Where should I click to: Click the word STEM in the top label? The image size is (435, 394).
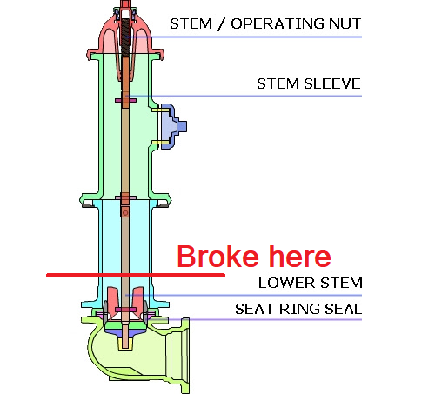pos(191,23)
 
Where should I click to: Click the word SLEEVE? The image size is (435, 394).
pos(331,83)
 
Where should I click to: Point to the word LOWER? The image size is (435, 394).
pos(287,283)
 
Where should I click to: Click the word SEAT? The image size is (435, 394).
pos(255,309)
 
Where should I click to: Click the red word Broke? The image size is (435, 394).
pos(217,257)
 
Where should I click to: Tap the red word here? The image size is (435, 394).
pos(299,257)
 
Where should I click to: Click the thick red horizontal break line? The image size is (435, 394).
pos(136,275)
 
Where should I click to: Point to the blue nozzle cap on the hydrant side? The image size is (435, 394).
pos(173,126)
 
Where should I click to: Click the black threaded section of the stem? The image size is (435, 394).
pos(125,37)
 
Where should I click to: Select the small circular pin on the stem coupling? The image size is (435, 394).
pos(125,213)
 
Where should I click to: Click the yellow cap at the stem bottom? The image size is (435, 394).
pos(125,344)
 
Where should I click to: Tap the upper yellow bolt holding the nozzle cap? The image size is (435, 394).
pos(160,110)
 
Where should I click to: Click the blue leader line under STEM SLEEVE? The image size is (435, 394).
pos(244,96)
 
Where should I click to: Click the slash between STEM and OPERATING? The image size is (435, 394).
pos(221,23)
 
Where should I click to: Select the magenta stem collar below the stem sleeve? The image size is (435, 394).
pos(125,101)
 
